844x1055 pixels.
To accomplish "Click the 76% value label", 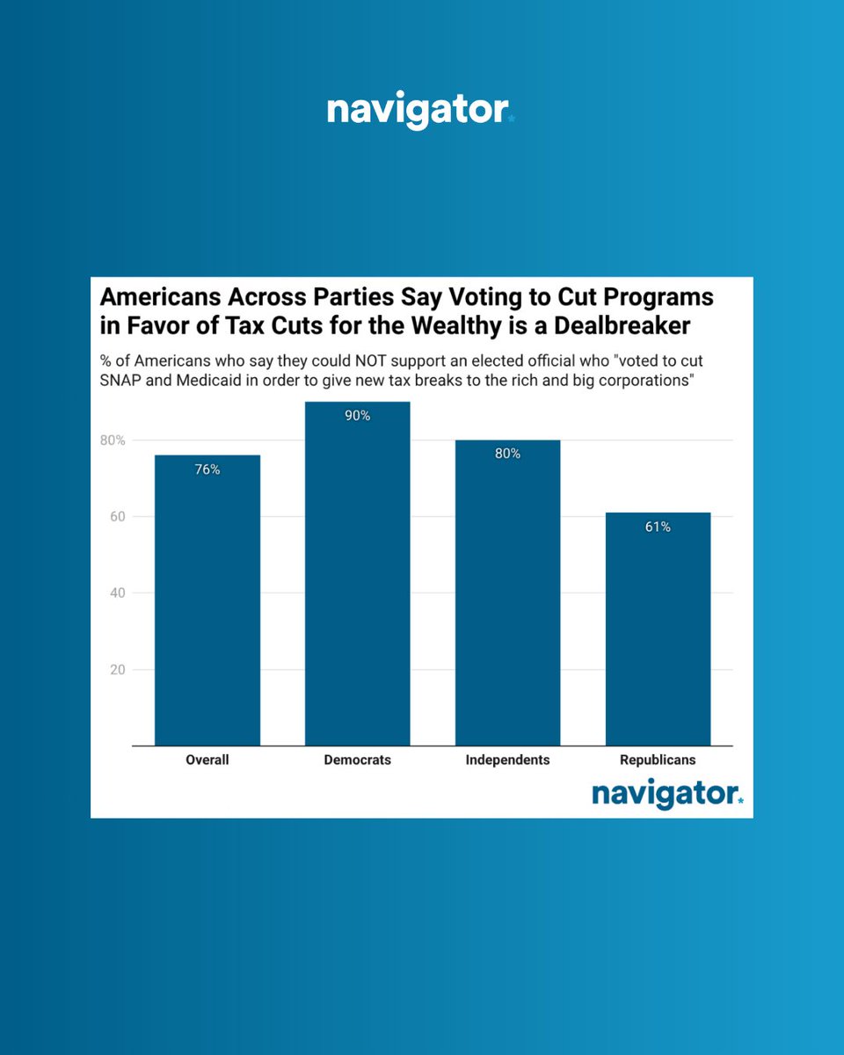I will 207,469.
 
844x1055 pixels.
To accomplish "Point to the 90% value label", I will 357,416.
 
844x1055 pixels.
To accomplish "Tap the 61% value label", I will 658,527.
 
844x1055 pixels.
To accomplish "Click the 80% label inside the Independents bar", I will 507,454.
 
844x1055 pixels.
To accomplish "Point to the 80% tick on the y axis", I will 112,440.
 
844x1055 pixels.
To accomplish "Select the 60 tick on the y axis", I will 116,516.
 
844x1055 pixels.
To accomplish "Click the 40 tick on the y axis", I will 116,593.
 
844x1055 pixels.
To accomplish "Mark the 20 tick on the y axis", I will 116,669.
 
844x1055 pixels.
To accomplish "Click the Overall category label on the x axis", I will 207,760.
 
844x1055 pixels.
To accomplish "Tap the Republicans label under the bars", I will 658,760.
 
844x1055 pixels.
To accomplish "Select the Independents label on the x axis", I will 507,760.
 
